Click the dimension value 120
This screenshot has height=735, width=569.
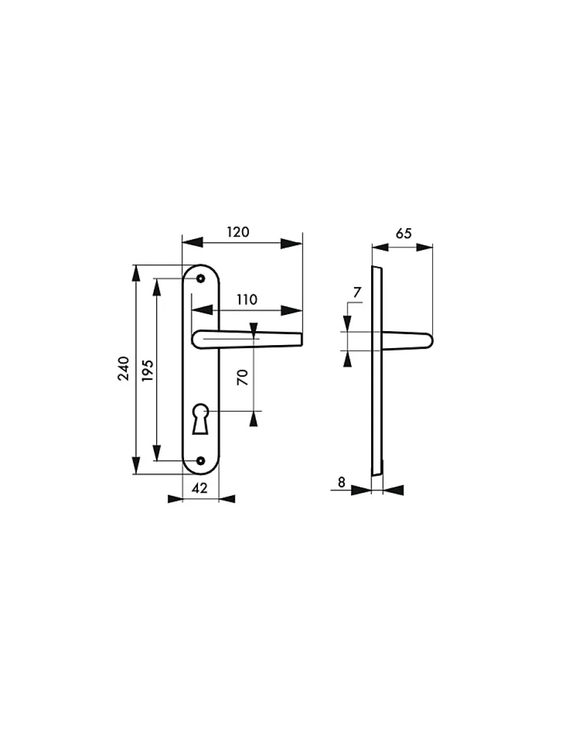click(x=238, y=232)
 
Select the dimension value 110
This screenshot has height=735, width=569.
click(x=246, y=300)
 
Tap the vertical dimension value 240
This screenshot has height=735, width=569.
click(x=124, y=368)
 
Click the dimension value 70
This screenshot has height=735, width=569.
click(x=242, y=378)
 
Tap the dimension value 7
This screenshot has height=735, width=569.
click(x=357, y=293)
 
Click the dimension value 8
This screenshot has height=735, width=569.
click(x=342, y=483)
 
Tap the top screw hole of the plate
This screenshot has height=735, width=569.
click(x=200, y=279)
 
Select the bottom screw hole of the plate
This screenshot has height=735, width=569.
click(x=200, y=461)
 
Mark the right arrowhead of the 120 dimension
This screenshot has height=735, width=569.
click(x=292, y=243)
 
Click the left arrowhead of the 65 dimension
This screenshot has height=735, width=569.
click(x=380, y=246)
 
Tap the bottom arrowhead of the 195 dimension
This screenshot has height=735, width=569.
click(x=157, y=452)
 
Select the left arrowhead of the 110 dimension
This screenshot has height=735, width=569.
click(x=201, y=311)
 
